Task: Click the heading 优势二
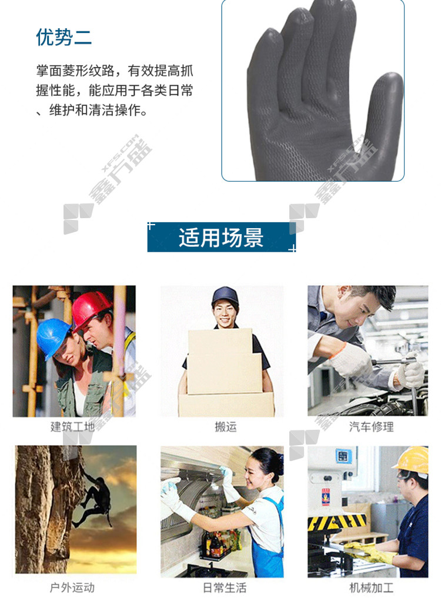64,38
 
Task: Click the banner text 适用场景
221,238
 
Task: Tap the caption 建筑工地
72,426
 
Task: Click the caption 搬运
226,426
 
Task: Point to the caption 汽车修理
371,426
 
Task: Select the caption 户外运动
72,587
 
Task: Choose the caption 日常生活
225,587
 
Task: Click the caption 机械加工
371,587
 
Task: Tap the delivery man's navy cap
225,295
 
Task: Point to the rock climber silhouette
93,500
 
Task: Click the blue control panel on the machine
342,456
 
